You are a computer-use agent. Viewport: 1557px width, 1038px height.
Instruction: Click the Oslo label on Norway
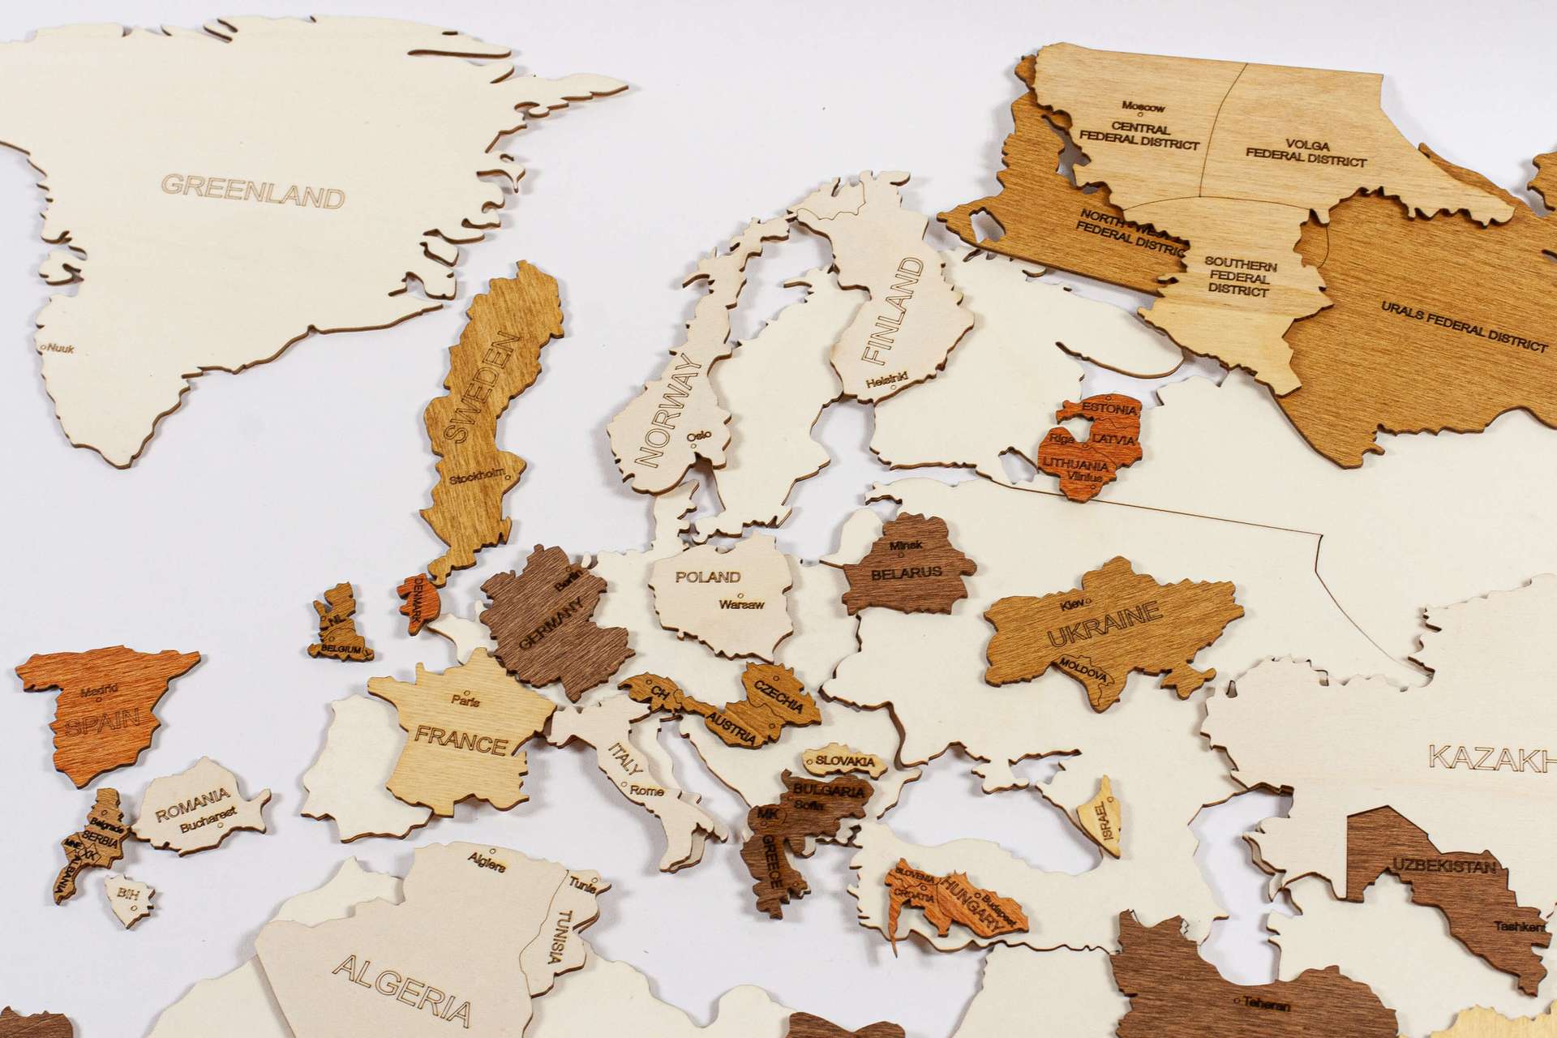coord(698,436)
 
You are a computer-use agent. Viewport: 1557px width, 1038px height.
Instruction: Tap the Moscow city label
coord(1143,107)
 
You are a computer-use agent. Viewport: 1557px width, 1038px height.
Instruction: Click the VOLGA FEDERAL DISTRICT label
coord(1305,152)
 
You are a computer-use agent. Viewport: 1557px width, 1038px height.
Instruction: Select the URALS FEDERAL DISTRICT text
coord(1464,330)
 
